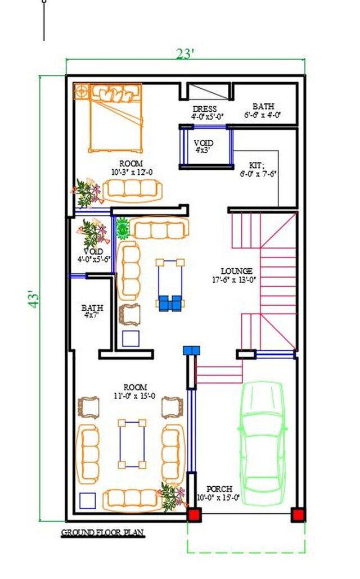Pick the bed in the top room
[116, 117]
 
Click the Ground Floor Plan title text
[102, 532]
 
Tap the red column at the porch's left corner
[194, 514]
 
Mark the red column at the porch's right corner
[298, 514]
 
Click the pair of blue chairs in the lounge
[170, 303]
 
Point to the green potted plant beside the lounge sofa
[123, 228]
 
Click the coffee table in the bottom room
[132, 444]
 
